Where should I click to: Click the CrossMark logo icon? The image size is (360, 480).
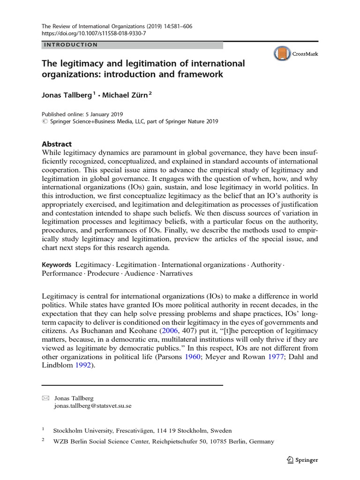click(x=282, y=53)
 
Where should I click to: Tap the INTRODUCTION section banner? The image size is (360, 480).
click(x=71, y=45)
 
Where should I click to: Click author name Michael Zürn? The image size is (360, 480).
click(x=125, y=96)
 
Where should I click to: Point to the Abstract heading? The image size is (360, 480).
click(x=57, y=144)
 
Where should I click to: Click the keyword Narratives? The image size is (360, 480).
click(x=176, y=274)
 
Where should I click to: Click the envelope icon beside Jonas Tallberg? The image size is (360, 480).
click(x=45, y=398)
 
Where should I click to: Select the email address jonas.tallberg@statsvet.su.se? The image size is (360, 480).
click(x=93, y=406)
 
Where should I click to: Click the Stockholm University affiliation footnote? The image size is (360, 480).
click(x=142, y=430)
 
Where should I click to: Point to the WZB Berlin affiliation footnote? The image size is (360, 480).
click(x=164, y=442)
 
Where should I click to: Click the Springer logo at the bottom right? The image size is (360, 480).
click(x=302, y=460)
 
